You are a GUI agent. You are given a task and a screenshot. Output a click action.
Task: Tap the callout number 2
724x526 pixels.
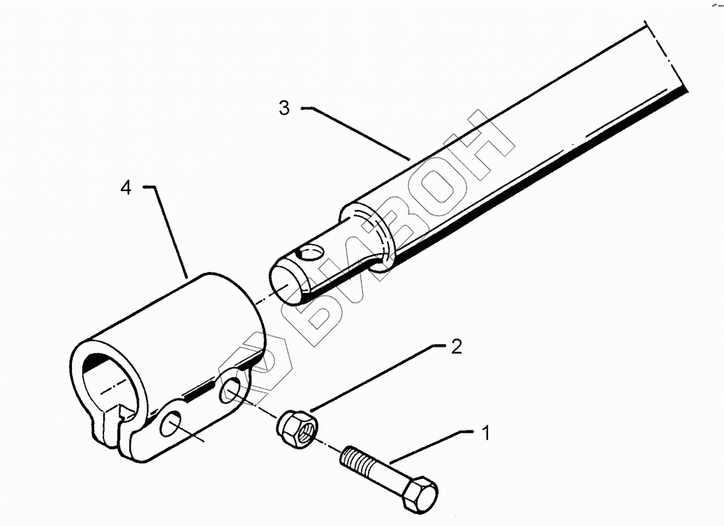click(456, 347)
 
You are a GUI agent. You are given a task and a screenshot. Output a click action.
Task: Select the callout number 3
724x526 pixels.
click(283, 108)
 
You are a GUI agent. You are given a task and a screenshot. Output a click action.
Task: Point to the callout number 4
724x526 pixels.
click(126, 188)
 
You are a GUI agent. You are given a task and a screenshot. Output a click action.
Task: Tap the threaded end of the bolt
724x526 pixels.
click(354, 460)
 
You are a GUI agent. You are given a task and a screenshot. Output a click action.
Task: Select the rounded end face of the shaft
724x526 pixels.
click(289, 282)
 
